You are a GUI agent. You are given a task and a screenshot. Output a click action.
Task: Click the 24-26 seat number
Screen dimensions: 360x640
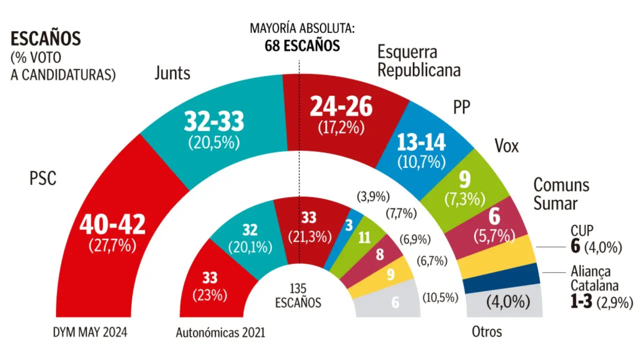tap(341, 106)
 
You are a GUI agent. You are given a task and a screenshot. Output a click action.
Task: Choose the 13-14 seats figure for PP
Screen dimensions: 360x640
tap(420, 143)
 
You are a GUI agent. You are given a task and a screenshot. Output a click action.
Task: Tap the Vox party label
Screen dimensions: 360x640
tap(506, 146)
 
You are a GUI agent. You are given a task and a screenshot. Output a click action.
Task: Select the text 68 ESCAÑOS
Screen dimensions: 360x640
tap(302, 46)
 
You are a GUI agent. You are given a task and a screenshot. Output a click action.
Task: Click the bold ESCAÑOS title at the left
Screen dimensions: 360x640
tap(46, 39)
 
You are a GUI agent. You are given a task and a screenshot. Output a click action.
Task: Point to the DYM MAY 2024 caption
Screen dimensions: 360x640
tap(90, 332)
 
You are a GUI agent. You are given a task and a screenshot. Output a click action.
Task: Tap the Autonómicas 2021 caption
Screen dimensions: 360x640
tap(220, 332)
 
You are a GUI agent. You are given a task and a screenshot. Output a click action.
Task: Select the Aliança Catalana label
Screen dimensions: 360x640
tap(594, 279)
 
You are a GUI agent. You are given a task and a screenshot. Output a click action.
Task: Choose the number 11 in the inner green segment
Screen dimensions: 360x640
tap(364, 238)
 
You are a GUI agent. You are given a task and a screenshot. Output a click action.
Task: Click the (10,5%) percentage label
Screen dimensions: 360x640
tap(440, 297)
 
